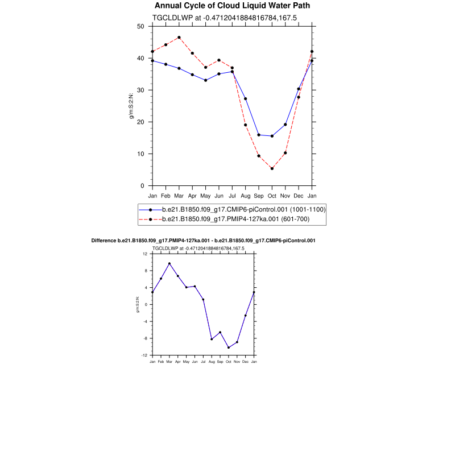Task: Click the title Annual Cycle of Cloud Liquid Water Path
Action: tap(232, 6)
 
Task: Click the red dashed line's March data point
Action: tap(179, 38)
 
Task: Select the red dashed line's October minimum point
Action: tap(272, 168)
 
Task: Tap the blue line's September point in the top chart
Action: tap(259, 135)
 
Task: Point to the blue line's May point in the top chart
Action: tap(205, 80)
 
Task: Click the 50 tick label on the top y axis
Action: tap(140, 26)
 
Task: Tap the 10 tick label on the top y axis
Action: tap(140, 154)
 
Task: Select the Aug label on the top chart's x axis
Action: tap(245, 196)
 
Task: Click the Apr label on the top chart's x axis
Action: tap(192, 196)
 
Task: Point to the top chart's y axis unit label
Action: tap(131, 106)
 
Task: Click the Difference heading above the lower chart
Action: tap(204, 241)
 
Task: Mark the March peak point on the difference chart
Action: tap(169, 263)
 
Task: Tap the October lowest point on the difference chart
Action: tap(229, 348)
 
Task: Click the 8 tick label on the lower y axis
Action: tap(146, 271)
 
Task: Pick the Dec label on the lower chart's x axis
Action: tap(246, 362)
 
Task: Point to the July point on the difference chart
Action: tap(203, 299)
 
